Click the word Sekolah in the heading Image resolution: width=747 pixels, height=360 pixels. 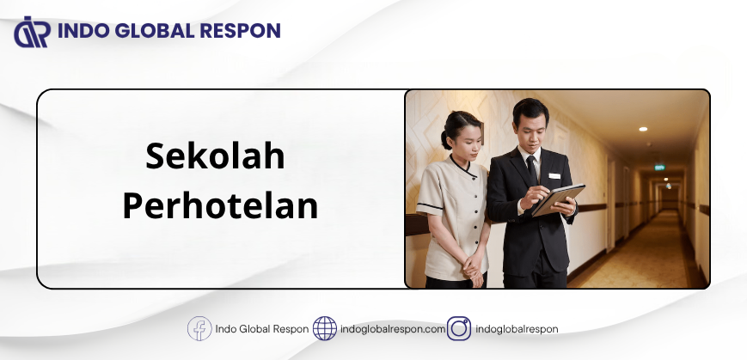[x=215, y=156]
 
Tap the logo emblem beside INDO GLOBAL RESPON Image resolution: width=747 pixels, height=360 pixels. [x=32, y=32]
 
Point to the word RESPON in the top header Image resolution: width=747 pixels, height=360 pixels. [x=240, y=31]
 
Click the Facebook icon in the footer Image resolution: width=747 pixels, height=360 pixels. [x=199, y=328]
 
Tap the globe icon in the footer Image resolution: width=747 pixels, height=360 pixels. [x=324, y=328]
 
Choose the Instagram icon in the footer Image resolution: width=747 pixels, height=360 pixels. [x=459, y=328]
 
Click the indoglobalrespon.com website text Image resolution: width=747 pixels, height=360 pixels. [x=393, y=329]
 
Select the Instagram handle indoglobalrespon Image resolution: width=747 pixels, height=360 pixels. [x=517, y=329]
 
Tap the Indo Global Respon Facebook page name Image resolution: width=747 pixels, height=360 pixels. [x=262, y=329]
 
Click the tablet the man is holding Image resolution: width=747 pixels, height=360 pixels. [x=559, y=199]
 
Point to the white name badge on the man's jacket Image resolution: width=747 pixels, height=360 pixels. [x=554, y=176]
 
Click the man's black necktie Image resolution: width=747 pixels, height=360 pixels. [x=531, y=169]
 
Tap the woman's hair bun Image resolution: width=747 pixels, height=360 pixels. [x=445, y=139]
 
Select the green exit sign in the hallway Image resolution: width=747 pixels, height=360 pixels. [x=659, y=168]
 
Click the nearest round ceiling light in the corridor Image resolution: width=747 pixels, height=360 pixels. [x=643, y=129]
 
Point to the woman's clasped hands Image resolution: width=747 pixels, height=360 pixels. [x=473, y=266]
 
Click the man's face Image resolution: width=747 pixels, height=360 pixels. [x=530, y=130]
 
